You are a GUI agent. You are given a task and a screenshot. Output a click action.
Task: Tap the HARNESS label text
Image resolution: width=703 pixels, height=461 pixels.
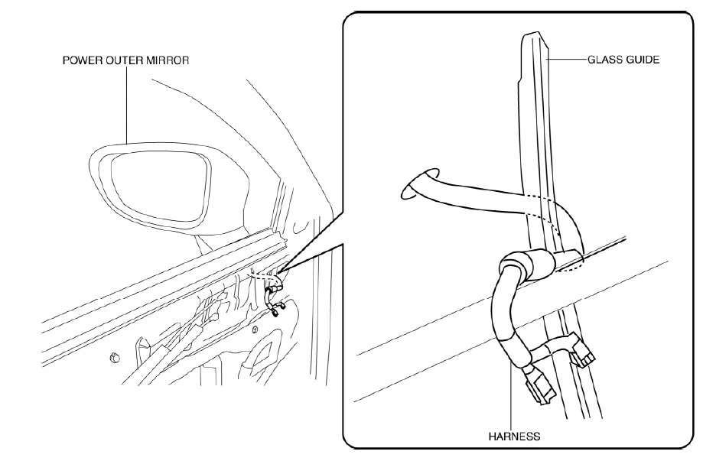tap(514, 436)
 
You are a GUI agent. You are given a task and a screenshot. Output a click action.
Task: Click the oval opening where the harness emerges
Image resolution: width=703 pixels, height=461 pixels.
tap(420, 183)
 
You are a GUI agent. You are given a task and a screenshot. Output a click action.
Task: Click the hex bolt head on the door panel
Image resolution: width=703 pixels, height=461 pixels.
tap(113, 357)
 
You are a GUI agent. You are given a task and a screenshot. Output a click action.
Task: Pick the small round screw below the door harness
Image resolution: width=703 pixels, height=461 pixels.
tap(255, 330)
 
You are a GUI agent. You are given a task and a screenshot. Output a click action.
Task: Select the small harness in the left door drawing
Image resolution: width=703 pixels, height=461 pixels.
tap(272, 294)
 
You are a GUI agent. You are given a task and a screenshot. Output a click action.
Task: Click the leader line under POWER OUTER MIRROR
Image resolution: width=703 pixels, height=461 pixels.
tap(126, 106)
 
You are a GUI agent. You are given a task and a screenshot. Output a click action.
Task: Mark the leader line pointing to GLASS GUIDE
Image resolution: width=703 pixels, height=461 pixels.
tap(568, 60)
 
